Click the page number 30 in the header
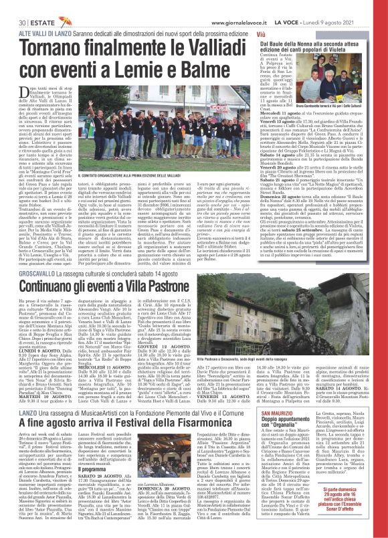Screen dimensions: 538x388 pos(11,5)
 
